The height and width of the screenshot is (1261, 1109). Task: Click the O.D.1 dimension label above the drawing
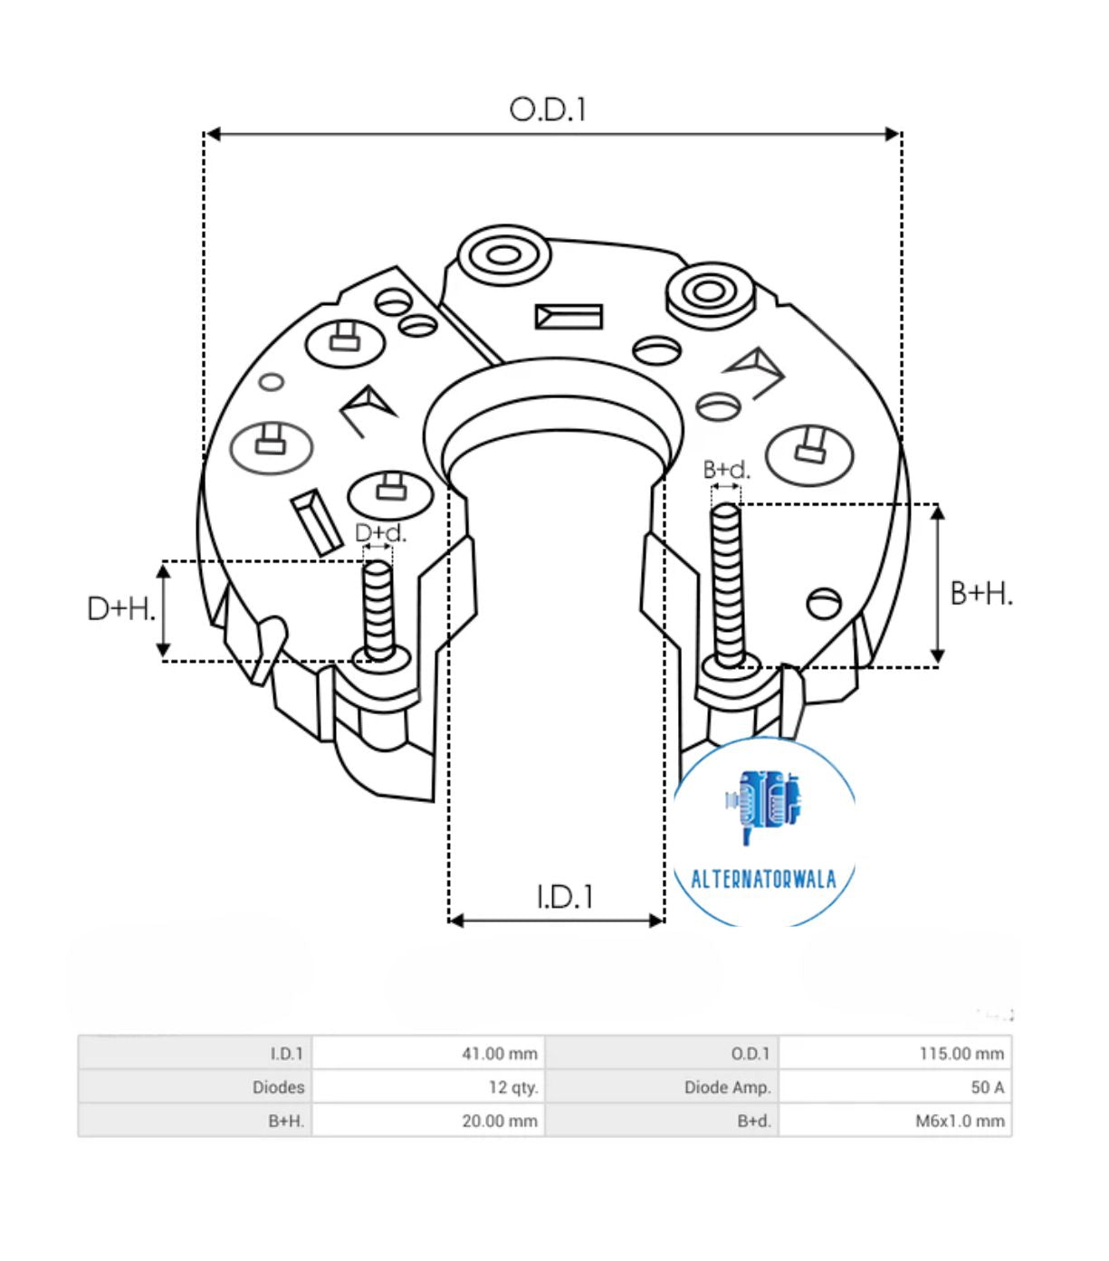(x=548, y=110)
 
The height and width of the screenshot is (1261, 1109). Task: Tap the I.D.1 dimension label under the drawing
(x=565, y=896)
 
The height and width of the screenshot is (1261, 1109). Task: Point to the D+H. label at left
(x=121, y=608)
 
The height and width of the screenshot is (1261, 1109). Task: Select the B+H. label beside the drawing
(x=981, y=594)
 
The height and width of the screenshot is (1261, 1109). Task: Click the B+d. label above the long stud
(x=726, y=470)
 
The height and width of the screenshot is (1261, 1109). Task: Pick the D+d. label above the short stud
(x=380, y=533)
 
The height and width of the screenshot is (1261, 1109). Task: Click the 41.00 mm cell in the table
(x=499, y=1054)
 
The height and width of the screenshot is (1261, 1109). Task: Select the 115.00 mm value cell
(x=961, y=1054)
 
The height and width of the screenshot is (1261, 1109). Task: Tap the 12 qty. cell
(x=512, y=1087)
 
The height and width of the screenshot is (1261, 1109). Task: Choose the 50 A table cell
(x=987, y=1087)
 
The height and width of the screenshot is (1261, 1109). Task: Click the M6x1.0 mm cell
(x=960, y=1121)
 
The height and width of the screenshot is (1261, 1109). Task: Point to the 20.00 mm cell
(x=499, y=1121)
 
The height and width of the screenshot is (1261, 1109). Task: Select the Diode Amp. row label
(x=727, y=1087)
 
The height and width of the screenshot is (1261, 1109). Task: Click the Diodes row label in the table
(x=278, y=1087)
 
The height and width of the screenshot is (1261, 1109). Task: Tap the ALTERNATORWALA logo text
(x=763, y=879)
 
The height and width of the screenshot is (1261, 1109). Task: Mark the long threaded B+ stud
(x=726, y=584)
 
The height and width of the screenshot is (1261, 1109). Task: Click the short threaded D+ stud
(x=378, y=607)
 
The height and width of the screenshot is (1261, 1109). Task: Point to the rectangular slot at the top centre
(x=569, y=317)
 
